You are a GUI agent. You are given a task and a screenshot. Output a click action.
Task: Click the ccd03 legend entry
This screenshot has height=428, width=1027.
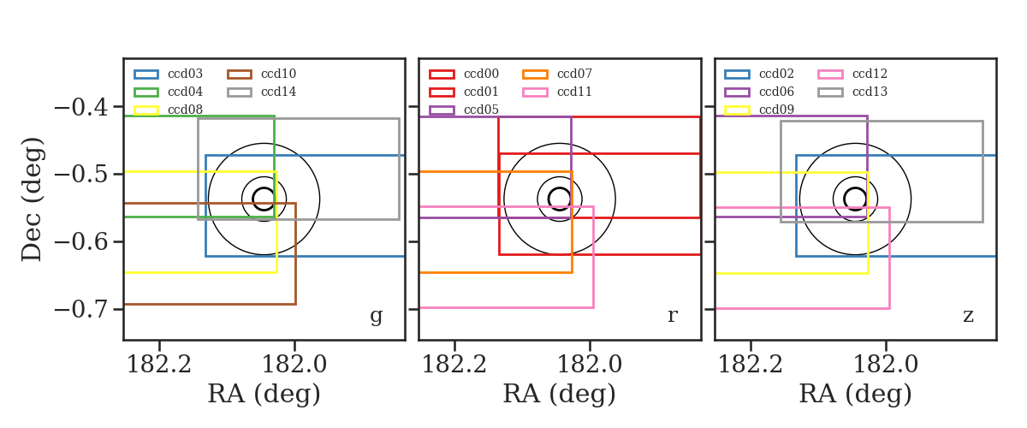point(169,74)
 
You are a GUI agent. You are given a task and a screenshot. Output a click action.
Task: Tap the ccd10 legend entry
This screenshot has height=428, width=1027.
point(262,74)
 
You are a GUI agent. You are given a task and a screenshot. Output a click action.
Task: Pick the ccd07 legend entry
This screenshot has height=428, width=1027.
point(557,74)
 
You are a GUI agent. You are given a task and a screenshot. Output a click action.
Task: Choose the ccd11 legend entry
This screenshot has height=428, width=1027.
point(557,92)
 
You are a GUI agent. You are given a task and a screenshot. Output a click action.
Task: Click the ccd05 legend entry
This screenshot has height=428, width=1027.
point(464,110)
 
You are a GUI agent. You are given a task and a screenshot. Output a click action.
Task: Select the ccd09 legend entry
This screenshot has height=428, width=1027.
point(759,110)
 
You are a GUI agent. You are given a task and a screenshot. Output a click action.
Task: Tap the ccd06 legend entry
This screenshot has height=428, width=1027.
point(759,92)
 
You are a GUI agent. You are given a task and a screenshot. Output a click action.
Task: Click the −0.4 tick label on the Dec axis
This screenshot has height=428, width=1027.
point(81,107)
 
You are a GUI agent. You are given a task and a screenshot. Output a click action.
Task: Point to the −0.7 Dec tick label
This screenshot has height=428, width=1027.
point(81,310)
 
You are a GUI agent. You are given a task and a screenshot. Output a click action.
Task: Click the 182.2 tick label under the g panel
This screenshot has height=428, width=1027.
point(159,365)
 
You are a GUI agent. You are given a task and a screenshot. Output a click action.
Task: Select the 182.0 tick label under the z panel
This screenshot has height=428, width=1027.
point(886,365)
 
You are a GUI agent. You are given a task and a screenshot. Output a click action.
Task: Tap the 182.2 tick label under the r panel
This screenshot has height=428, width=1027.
point(454,365)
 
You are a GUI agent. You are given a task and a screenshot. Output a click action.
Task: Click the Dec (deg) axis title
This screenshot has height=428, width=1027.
point(33,199)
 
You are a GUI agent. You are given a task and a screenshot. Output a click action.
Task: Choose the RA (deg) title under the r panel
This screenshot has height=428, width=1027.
point(560,394)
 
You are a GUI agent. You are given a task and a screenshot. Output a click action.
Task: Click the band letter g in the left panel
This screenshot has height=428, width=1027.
point(377,316)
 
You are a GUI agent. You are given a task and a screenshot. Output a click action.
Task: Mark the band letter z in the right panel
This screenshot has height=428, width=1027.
point(968,316)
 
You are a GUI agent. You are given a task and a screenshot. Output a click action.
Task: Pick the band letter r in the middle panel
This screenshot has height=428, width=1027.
point(672,316)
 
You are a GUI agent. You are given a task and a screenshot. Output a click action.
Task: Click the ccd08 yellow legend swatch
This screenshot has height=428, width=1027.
point(146,110)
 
